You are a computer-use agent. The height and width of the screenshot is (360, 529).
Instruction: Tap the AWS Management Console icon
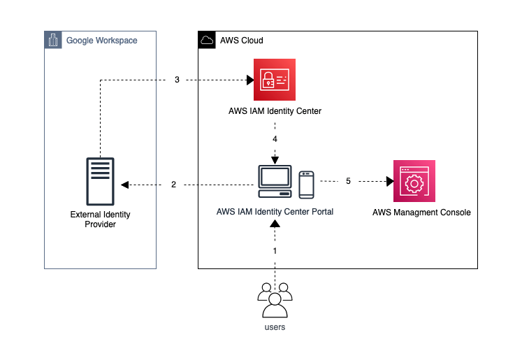pyautogui.click(x=414, y=181)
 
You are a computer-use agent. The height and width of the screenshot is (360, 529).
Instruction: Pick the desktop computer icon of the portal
pyautogui.click(x=275, y=182)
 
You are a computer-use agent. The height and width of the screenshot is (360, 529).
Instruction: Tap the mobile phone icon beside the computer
pyautogui.click(x=306, y=184)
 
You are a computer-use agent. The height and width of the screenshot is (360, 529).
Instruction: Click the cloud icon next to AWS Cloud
pyautogui.click(x=207, y=41)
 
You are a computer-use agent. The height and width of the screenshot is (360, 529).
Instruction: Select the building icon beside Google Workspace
pyautogui.click(x=53, y=40)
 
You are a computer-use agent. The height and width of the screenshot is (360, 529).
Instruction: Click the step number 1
pyautogui.click(x=275, y=250)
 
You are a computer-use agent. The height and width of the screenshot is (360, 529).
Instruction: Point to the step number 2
pyautogui.click(x=173, y=185)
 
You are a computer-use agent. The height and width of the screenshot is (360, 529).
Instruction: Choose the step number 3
pyautogui.click(x=177, y=80)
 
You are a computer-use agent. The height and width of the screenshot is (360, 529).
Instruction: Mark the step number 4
pyautogui.click(x=275, y=139)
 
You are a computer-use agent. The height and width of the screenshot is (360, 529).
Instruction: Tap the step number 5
pyautogui.click(x=348, y=181)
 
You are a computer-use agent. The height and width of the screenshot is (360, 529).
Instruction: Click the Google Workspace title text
pyautogui.click(x=101, y=41)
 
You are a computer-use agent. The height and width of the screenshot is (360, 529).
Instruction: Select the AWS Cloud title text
pyautogui.click(x=242, y=41)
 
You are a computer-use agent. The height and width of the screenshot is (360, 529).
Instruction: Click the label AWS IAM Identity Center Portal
pyautogui.click(x=275, y=212)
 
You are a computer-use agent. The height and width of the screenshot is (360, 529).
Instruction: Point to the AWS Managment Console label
pyautogui.click(x=421, y=212)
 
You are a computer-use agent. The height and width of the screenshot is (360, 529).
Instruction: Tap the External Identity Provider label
pyautogui.click(x=100, y=219)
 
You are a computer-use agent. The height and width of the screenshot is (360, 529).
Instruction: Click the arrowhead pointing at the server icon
pyautogui.click(x=124, y=185)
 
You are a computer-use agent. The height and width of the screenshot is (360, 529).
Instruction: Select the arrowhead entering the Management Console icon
pyautogui.click(x=389, y=181)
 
